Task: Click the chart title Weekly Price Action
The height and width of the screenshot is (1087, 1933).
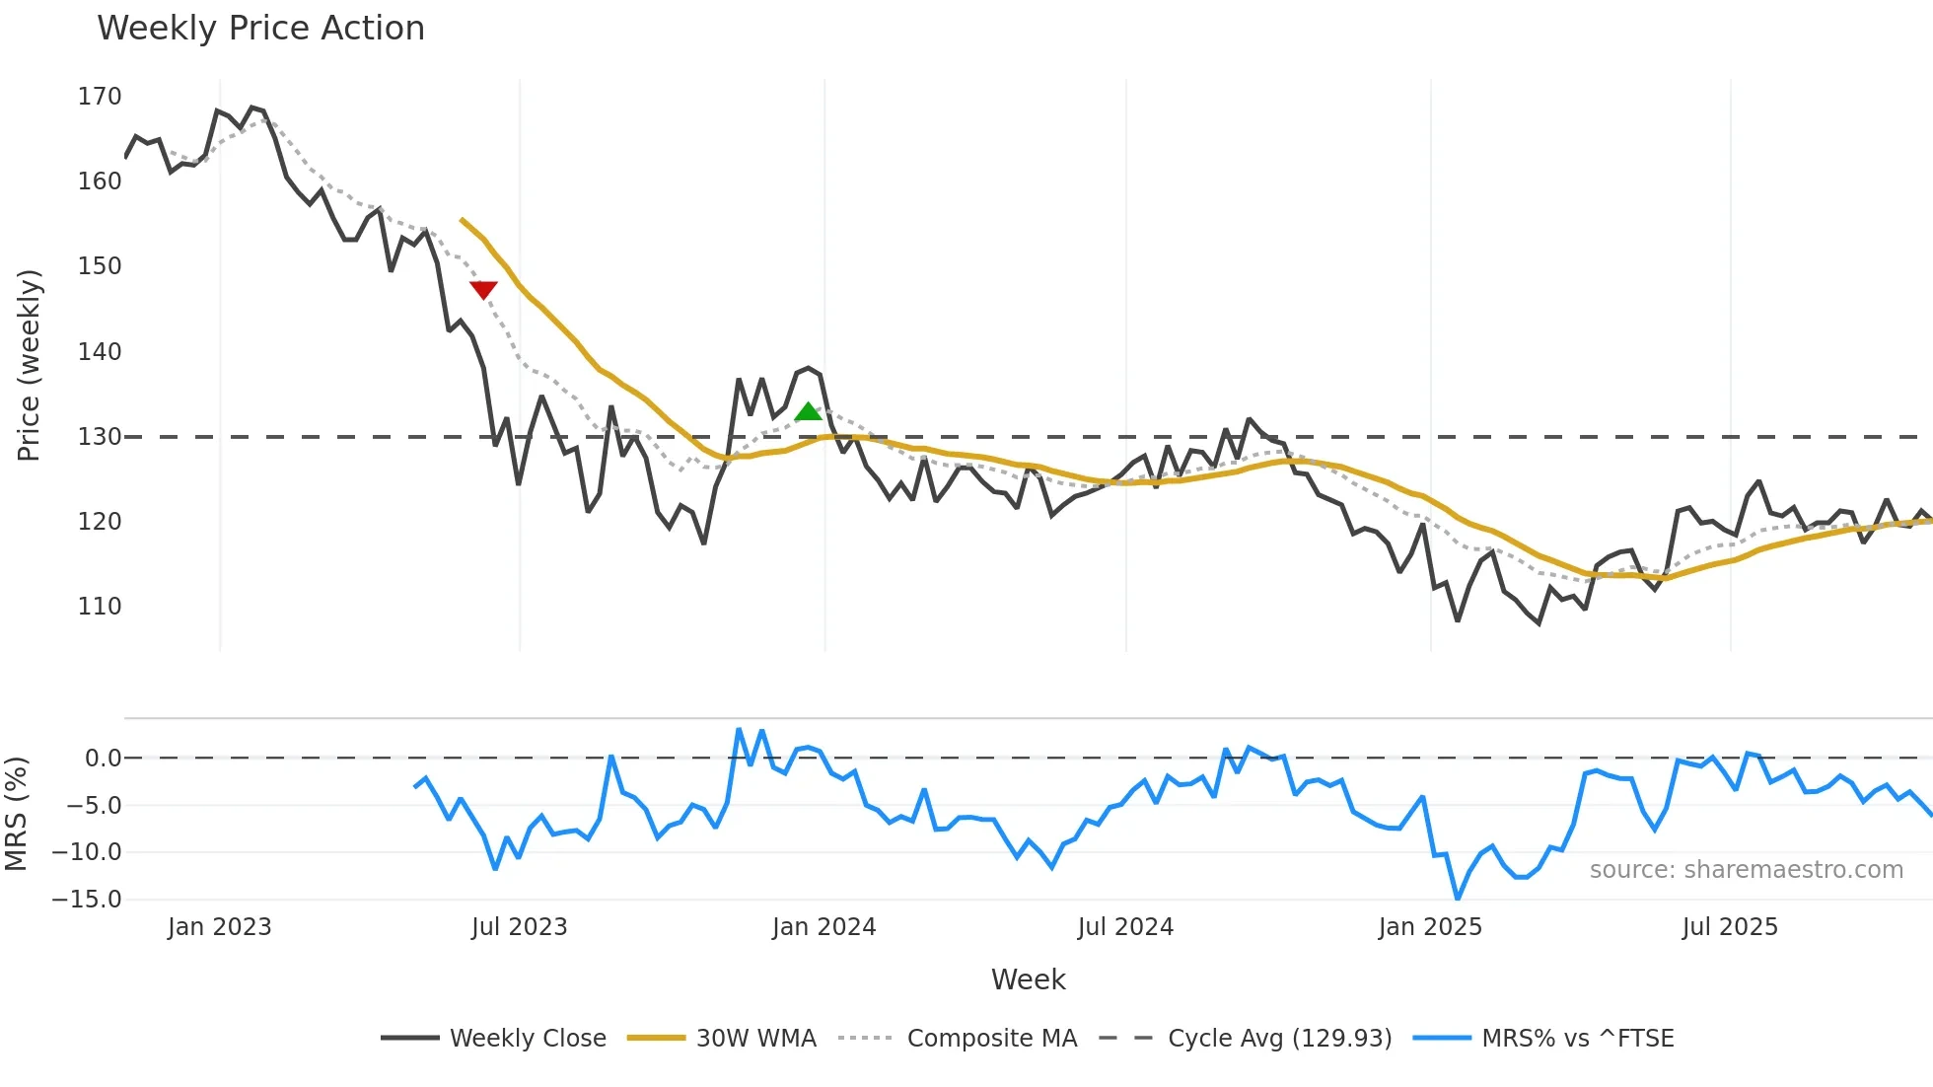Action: tap(260, 29)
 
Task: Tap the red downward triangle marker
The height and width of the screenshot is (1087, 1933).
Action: tap(483, 289)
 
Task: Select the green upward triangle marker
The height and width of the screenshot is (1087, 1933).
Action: tap(808, 411)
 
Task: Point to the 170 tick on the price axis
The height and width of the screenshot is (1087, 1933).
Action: tap(100, 97)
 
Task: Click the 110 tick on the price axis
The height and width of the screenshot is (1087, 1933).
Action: tap(100, 607)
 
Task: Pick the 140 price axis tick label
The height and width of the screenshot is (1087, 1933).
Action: tap(100, 352)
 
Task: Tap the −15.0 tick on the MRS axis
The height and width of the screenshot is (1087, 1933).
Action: tap(87, 900)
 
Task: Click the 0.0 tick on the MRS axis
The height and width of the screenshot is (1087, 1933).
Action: tap(103, 759)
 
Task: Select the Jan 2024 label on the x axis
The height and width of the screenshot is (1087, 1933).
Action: tap(823, 927)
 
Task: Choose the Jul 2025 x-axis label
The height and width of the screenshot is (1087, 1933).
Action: tap(1730, 927)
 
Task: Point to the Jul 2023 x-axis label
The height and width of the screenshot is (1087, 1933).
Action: tap(519, 927)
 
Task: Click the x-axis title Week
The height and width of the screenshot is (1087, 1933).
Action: tap(1028, 979)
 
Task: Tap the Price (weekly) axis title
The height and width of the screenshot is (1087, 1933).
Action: tap(30, 365)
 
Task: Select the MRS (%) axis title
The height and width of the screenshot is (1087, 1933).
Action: tap(17, 814)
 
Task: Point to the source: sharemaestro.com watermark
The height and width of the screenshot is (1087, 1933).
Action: tap(1746, 870)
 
